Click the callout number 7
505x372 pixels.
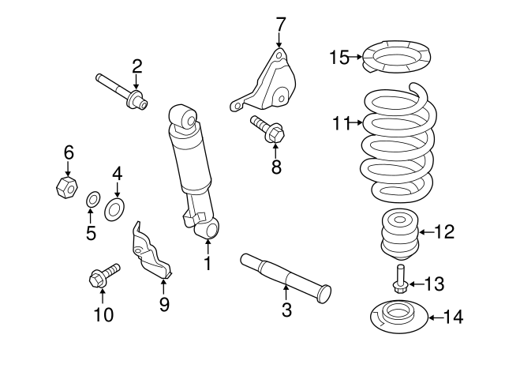click(280, 23)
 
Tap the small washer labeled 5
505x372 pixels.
click(92, 197)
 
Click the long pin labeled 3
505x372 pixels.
click(284, 276)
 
